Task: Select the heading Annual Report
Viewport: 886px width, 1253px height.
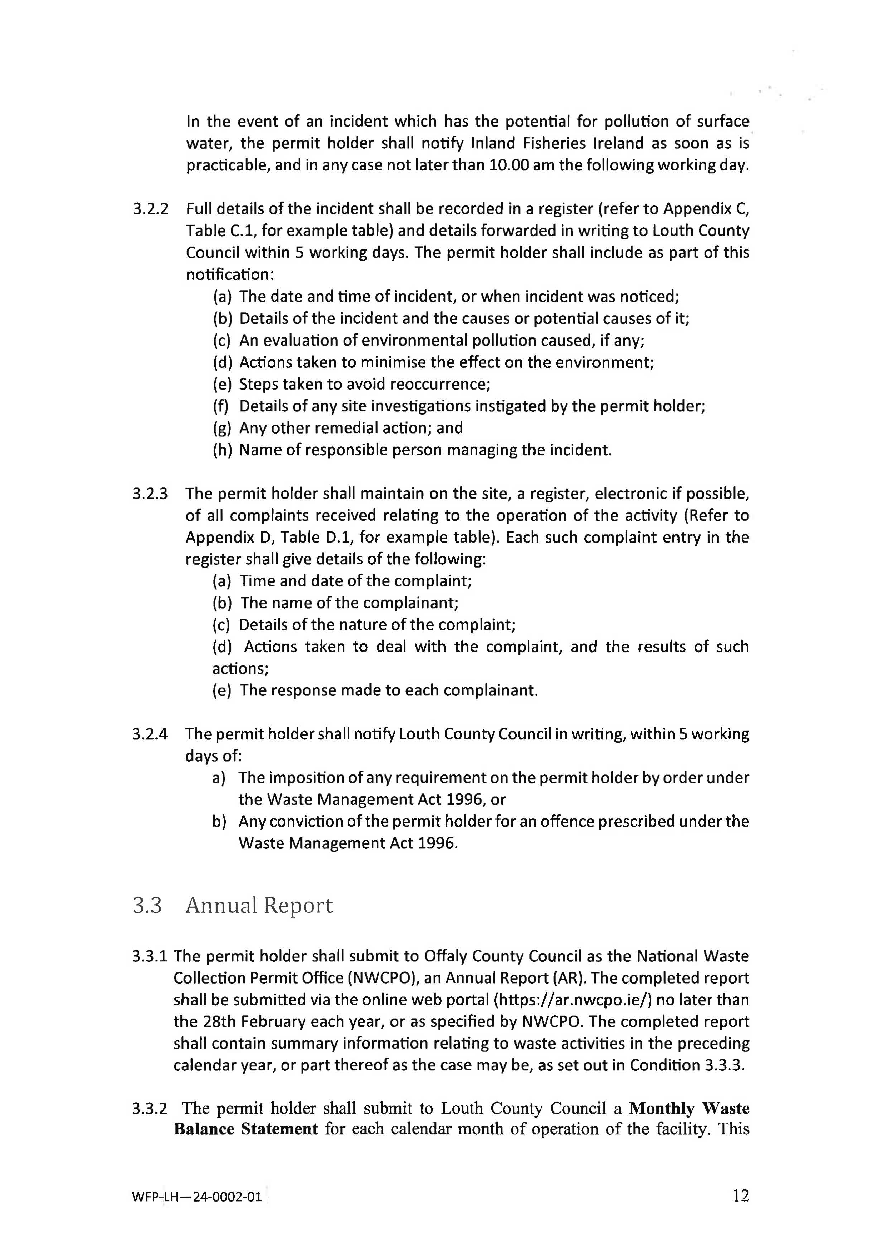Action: point(259,905)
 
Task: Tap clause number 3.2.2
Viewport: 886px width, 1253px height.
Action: point(150,209)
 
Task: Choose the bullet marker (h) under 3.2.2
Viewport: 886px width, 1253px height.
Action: point(222,450)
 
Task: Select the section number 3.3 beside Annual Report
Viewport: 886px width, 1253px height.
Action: point(147,905)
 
